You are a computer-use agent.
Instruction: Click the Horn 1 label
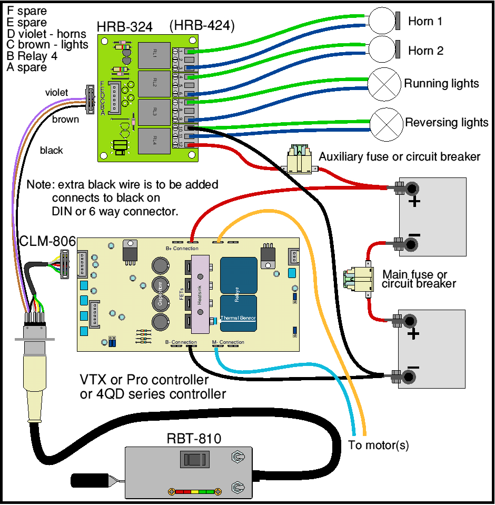tap(425, 22)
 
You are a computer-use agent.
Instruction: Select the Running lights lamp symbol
tap(384, 84)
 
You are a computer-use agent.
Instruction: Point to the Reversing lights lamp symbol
tap(387, 123)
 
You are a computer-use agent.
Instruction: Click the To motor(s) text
tap(378, 445)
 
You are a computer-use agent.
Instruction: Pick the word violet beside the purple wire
tap(56, 93)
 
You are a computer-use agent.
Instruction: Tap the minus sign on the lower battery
tap(414, 368)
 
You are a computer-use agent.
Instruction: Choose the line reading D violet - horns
tap(46, 34)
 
